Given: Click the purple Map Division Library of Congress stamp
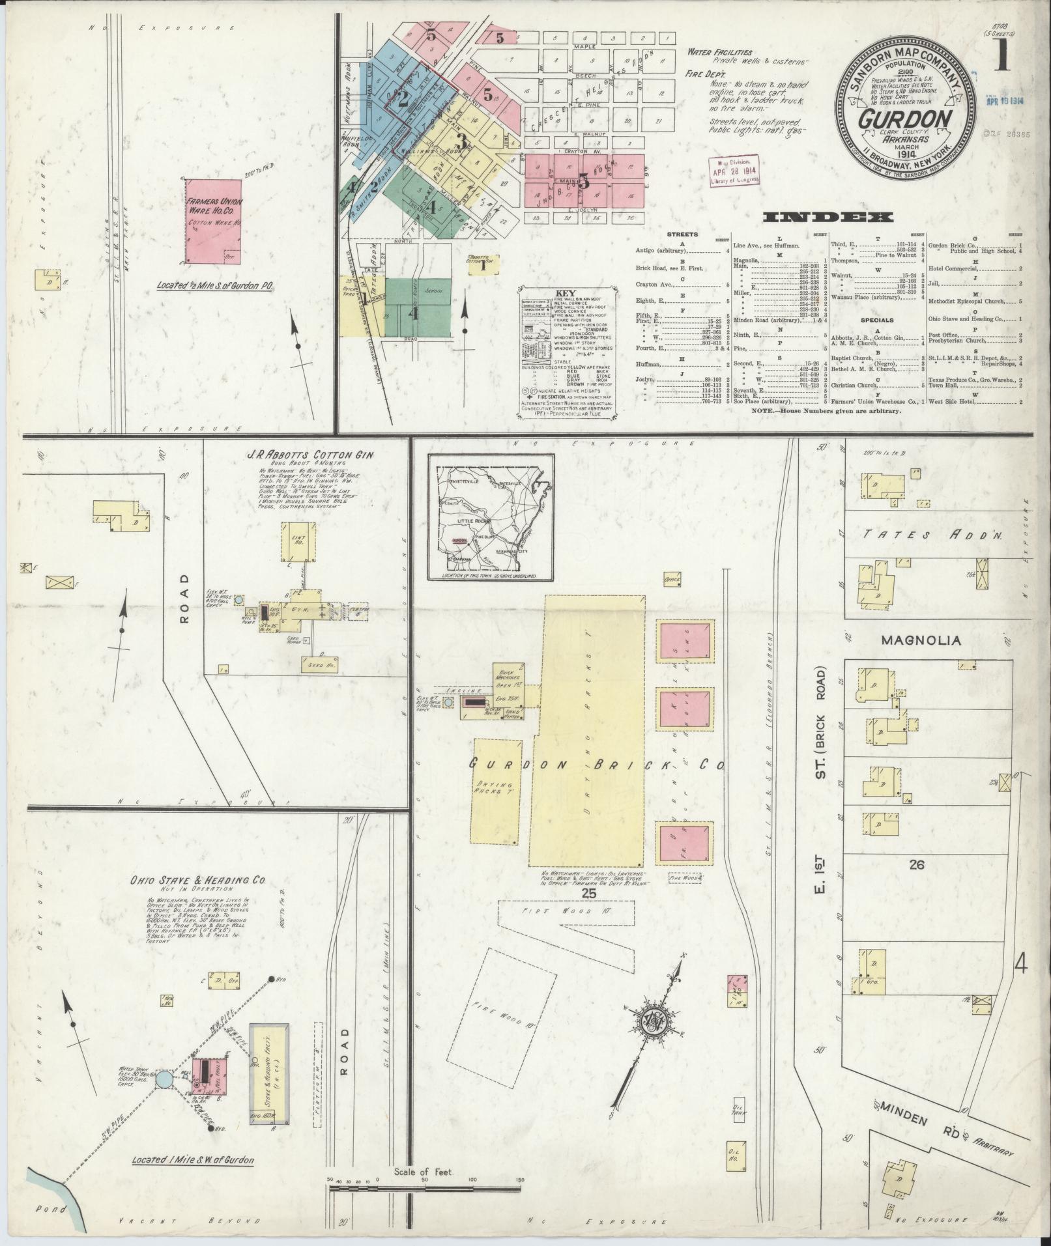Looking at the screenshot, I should [x=734, y=171].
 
